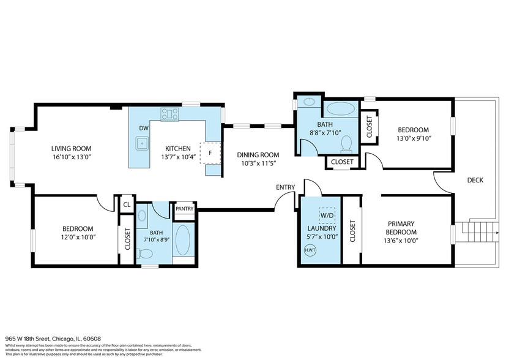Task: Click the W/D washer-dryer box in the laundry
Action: [x=327, y=216]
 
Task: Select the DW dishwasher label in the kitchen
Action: [x=144, y=127]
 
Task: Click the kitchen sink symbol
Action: [x=143, y=144]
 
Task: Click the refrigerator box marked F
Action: [x=210, y=153]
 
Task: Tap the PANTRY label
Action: [x=184, y=209]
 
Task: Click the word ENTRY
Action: [x=286, y=187]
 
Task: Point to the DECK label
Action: [x=475, y=180]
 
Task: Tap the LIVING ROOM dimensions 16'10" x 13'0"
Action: [x=71, y=157]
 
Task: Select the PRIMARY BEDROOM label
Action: [x=401, y=228]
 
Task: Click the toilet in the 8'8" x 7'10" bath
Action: [x=346, y=144]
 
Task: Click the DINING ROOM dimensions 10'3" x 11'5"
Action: [x=258, y=163]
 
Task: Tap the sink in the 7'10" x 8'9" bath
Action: [x=143, y=216]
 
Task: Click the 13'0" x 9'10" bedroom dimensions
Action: [x=414, y=138]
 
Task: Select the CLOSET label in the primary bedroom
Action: [x=352, y=231]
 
